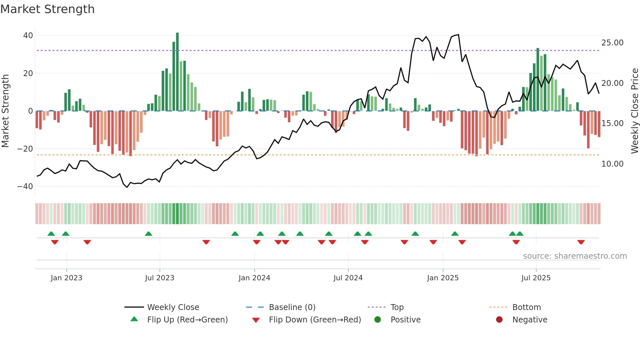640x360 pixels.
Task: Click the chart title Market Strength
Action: coord(47,9)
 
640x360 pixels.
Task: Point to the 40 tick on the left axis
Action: coord(28,35)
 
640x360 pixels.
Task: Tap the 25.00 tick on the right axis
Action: coord(612,43)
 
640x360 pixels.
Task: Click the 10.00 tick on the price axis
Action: coord(612,164)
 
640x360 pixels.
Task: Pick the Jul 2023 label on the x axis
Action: coord(160,278)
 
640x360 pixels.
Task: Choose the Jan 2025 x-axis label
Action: coord(443,278)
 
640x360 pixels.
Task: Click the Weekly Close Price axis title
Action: coord(634,111)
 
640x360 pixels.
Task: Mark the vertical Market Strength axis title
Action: coord(5,111)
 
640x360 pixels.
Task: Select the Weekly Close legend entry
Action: coord(173,307)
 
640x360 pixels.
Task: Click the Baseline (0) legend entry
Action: coord(292,307)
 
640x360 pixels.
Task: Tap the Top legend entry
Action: coord(397,307)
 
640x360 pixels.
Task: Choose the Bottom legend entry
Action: coord(526,307)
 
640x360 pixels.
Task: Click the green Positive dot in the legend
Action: coord(378,320)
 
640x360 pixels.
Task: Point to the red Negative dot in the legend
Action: coord(499,320)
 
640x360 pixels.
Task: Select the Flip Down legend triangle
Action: coord(256,320)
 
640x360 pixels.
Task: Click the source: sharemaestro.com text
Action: coord(575,256)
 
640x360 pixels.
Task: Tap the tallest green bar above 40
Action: coord(177,72)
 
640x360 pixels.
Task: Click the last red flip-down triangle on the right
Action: coord(581,242)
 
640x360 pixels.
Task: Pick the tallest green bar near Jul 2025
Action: coord(538,80)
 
